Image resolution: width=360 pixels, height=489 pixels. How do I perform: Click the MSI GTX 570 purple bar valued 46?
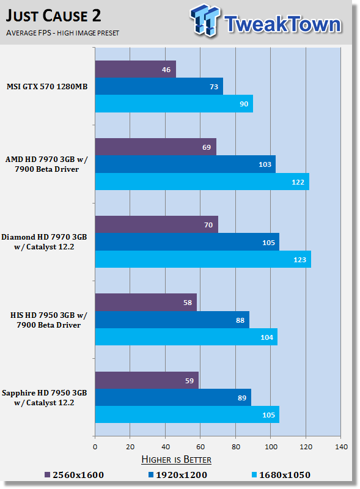[x=136, y=69]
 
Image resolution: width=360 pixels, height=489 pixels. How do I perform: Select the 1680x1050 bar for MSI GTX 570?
[x=174, y=103]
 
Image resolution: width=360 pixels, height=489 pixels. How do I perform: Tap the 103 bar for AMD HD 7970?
[x=185, y=164]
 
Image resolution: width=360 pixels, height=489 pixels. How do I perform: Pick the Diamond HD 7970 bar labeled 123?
[x=203, y=259]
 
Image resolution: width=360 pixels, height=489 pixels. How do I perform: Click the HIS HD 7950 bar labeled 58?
[x=146, y=302]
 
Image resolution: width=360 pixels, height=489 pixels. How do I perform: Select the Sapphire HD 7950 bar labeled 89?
[x=173, y=397]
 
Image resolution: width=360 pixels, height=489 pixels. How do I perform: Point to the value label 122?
[x=298, y=182]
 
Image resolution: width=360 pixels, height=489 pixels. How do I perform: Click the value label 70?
[x=208, y=225]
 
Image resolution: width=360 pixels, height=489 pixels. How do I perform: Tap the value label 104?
[x=266, y=337]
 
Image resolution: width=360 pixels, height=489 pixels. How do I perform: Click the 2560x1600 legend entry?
[x=74, y=475]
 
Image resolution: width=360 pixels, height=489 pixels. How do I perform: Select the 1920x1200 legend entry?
[x=178, y=475]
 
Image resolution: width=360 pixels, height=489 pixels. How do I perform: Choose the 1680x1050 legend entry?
[x=281, y=475]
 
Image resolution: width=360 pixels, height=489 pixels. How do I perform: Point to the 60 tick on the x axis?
[x=200, y=447]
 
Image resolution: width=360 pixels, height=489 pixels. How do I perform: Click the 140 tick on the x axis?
[x=341, y=447]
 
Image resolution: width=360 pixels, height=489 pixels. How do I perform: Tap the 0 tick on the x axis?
[x=95, y=447]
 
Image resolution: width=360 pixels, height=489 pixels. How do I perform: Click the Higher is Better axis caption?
[x=176, y=460]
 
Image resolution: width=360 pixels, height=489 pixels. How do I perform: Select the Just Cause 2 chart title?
[x=53, y=16]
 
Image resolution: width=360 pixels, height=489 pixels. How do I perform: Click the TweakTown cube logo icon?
[x=205, y=20]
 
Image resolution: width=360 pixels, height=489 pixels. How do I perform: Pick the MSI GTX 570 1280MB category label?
[x=47, y=86]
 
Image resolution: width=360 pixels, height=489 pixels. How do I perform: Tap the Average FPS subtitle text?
[x=62, y=33]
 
